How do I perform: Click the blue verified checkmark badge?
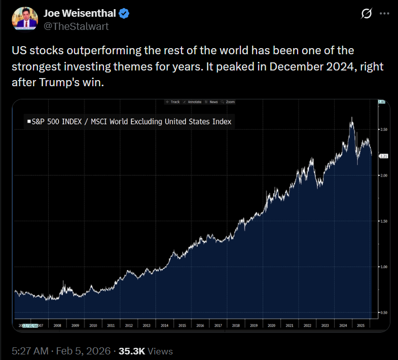point(124,13)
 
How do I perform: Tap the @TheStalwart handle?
point(76,26)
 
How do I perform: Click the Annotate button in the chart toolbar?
point(193,102)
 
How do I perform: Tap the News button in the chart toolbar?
point(212,102)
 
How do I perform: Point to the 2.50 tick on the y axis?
point(384,130)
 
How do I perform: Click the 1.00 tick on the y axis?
point(384,267)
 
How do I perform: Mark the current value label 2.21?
point(383,157)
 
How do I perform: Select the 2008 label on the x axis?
point(57,326)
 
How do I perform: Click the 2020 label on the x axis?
point(271,326)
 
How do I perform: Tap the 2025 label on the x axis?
point(360,326)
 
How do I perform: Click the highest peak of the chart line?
point(352,118)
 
